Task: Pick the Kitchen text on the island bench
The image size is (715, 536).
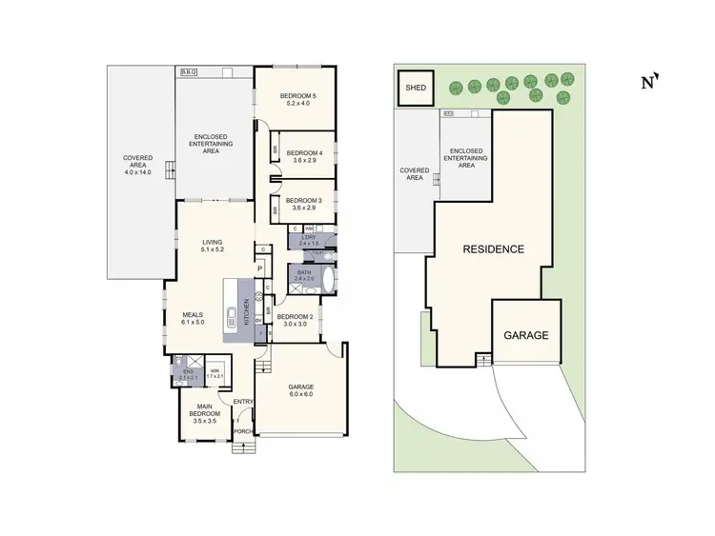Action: (x=247, y=309)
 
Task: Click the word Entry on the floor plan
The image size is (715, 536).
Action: (x=242, y=400)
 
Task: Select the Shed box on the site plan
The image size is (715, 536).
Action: (x=416, y=89)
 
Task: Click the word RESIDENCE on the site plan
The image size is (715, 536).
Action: (x=493, y=249)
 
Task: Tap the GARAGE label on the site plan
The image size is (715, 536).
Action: (x=526, y=335)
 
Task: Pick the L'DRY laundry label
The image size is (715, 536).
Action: (x=309, y=240)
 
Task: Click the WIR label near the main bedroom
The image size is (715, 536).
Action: (x=215, y=372)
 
